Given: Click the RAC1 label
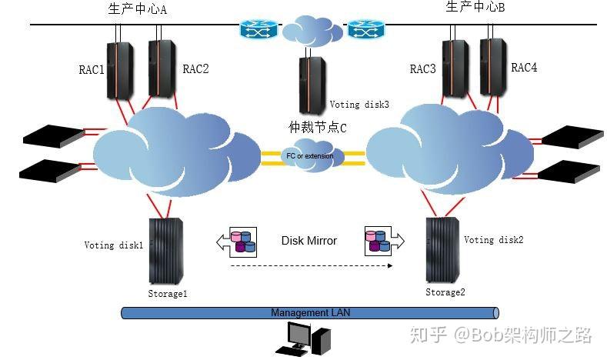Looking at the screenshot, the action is pyautogui.click(x=92, y=70).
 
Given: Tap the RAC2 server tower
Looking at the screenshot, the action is pyautogui.click(x=162, y=68).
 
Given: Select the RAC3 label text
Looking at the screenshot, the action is pyautogui.click(x=422, y=69).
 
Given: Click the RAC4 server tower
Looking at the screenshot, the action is pyautogui.click(x=493, y=67).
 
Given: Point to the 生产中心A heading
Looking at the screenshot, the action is pyautogui.click(x=138, y=9).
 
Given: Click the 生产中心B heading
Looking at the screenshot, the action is pyautogui.click(x=475, y=7).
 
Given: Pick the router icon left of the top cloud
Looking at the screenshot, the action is pyautogui.click(x=259, y=29).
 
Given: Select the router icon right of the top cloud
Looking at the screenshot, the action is pyautogui.click(x=366, y=29).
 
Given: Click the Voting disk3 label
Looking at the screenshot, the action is pyautogui.click(x=359, y=105).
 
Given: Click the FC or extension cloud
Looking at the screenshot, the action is pyautogui.click(x=311, y=156).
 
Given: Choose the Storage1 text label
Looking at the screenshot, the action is pyautogui.click(x=168, y=294).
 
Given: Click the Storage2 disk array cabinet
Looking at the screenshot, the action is pyautogui.click(x=443, y=250).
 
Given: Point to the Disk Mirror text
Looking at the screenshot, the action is pyautogui.click(x=309, y=241).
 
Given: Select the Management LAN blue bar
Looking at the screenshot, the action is pyautogui.click(x=310, y=313).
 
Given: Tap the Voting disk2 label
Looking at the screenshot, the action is pyautogui.click(x=494, y=240).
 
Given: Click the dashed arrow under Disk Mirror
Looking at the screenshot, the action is pyautogui.click(x=312, y=266).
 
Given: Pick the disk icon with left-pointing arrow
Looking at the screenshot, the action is pyautogui.click(x=236, y=242).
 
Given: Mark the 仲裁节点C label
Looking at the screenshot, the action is pyautogui.click(x=318, y=128).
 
